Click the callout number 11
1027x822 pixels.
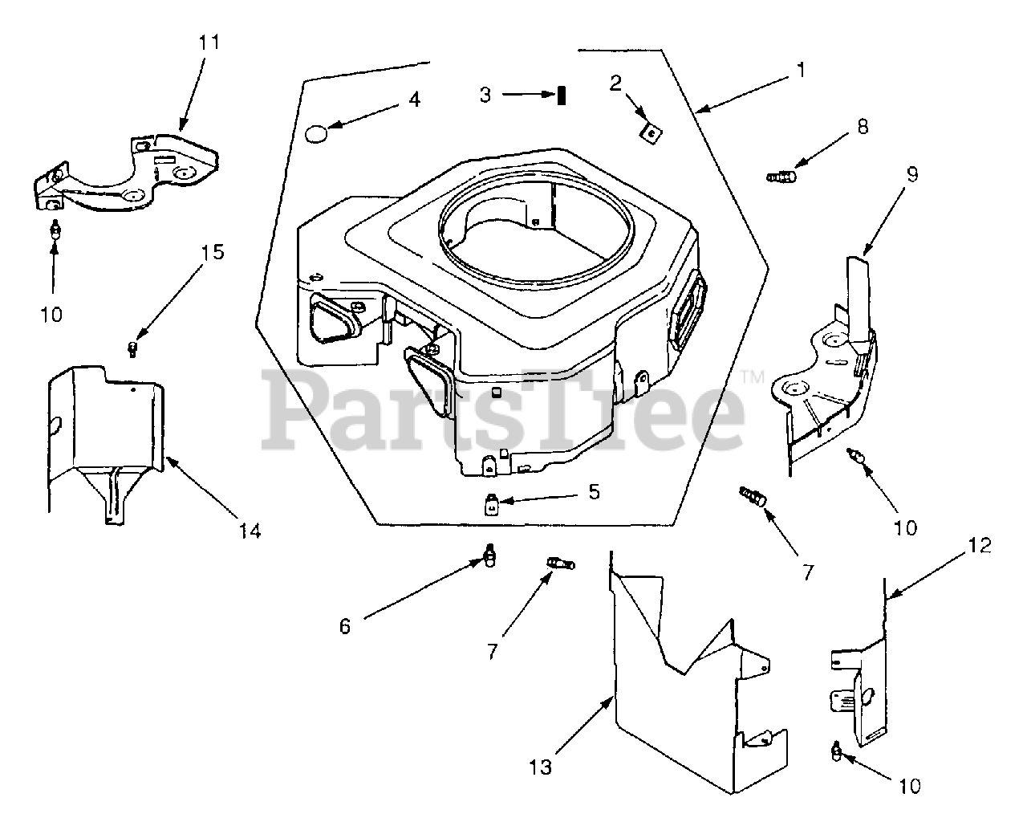pyautogui.click(x=209, y=43)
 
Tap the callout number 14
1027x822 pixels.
pyautogui.click(x=250, y=531)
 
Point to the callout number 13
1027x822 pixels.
pyautogui.click(x=541, y=767)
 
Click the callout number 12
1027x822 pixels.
pyautogui.click(x=979, y=546)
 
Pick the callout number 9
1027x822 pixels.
pyautogui.click(x=913, y=174)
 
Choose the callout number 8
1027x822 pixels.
pyautogui.click(x=862, y=127)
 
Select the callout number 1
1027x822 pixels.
pyautogui.click(x=799, y=70)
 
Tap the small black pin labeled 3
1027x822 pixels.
pyautogui.click(x=563, y=95)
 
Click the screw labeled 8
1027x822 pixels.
pyautogui.click(x=781, y=175)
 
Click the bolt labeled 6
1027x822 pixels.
pyautogui.click(x=488, y=555)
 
